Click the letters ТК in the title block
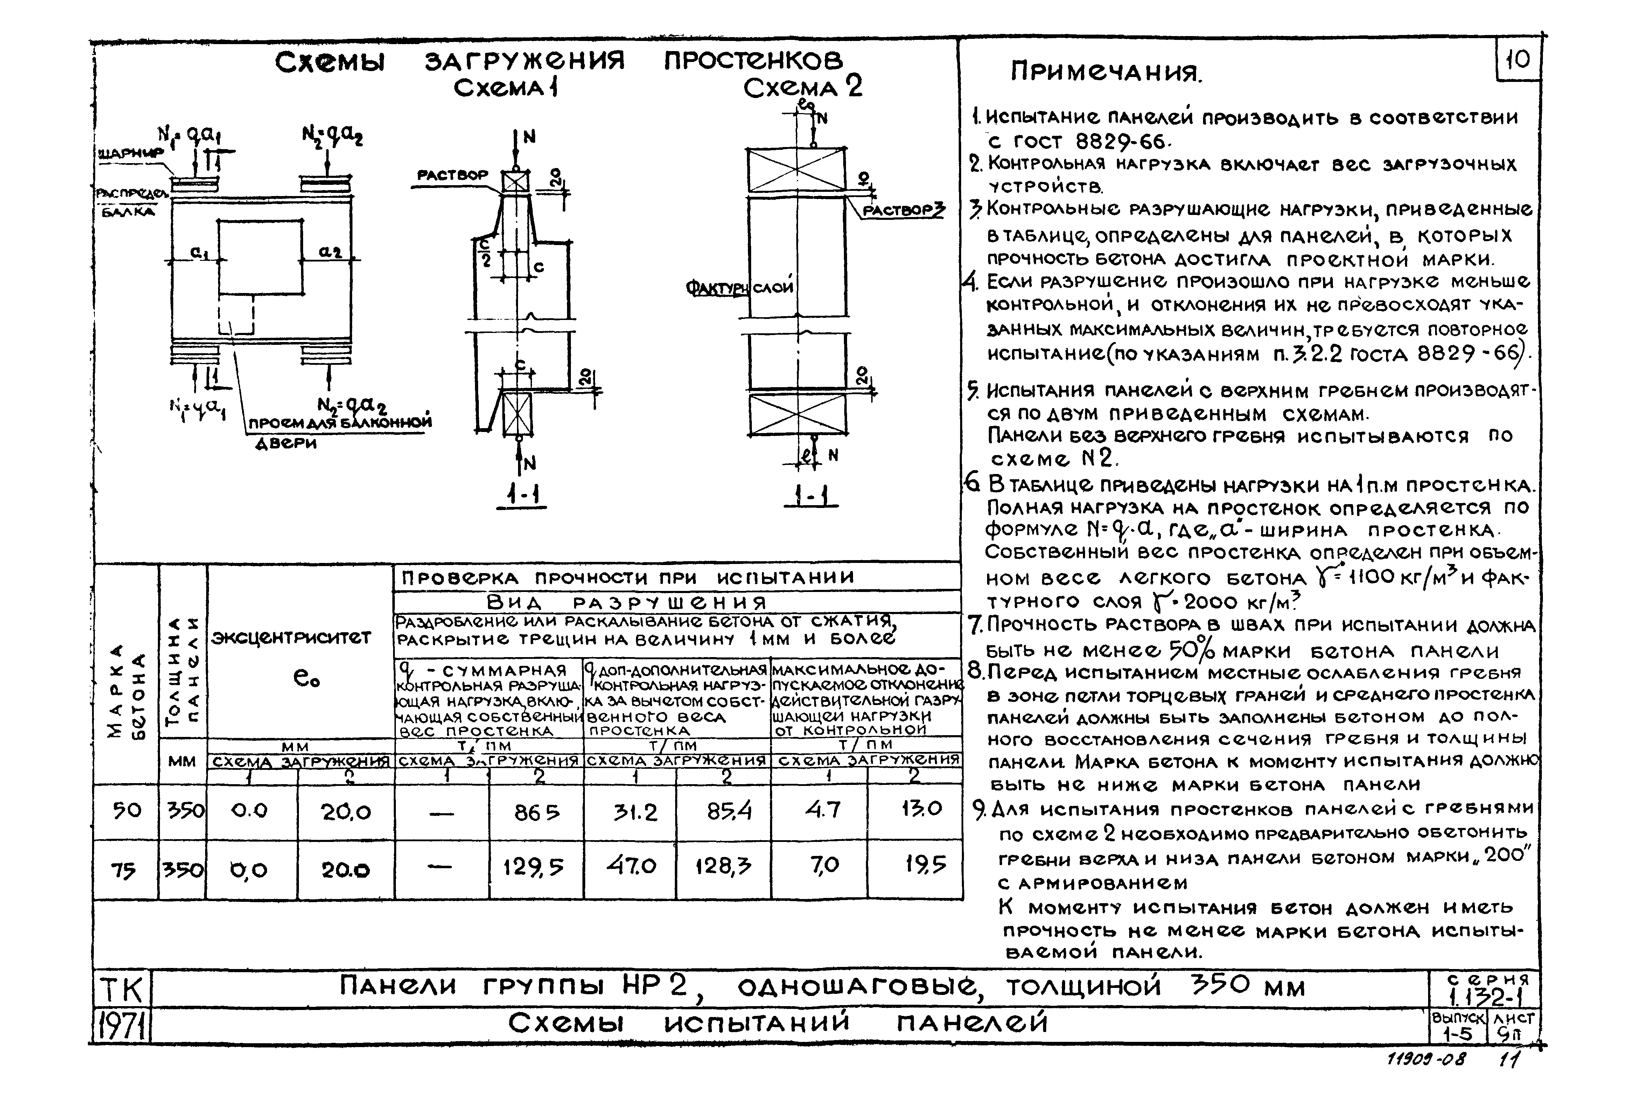[x=120, y=990]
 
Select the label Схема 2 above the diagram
[x=803, y=88]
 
